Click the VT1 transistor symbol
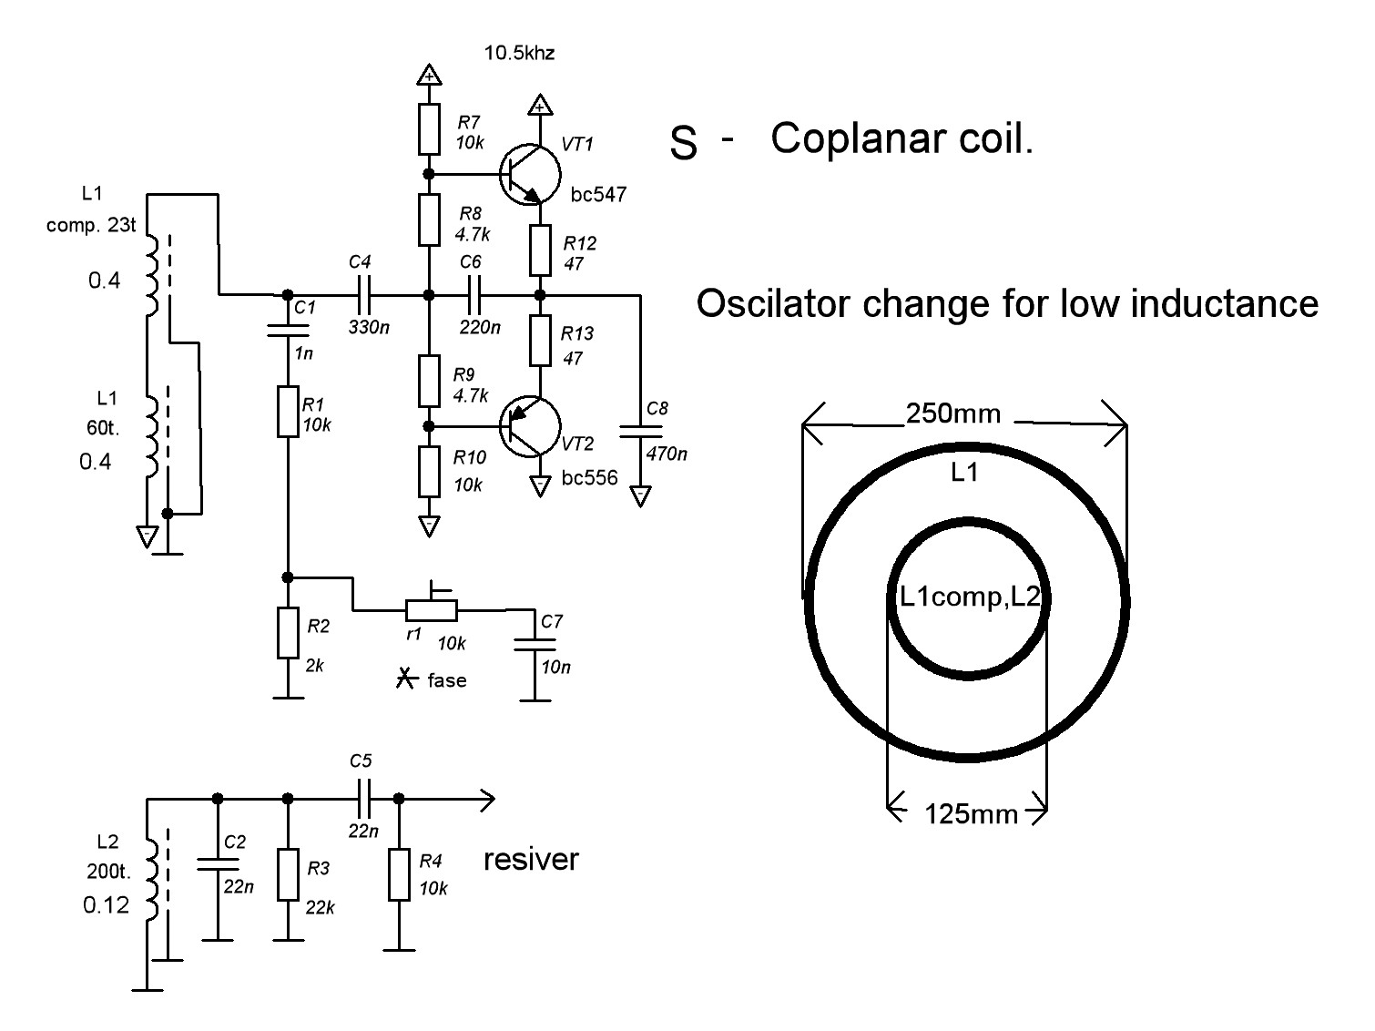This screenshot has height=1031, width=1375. click(529, 174)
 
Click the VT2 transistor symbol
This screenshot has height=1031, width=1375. click(529, 426)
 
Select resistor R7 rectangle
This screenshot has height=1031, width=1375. click(430, 130)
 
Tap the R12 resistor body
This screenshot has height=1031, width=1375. click(540, 250)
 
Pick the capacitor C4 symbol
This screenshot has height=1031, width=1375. click(364, 295)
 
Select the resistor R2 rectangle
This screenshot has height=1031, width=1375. click(288, 633)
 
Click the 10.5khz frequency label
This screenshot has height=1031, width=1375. click(519, 53)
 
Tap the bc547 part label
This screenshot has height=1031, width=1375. click(598, 194)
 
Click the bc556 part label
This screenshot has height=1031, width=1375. click(589, 477)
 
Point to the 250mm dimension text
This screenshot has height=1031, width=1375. click(953, 414)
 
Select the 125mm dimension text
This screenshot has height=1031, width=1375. click(972, 813)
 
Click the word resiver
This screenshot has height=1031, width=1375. click(531, 859)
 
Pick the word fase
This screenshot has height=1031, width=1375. click(446, 679)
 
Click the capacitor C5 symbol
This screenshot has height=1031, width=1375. click(362, 800)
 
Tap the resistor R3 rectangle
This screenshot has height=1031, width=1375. click(288, 874)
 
